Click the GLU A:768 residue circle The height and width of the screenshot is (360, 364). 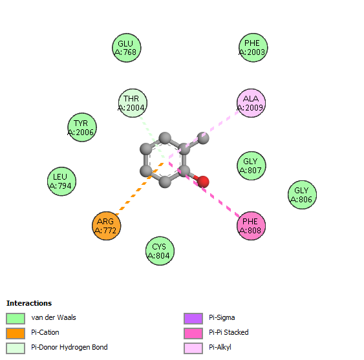[x=127, y=48]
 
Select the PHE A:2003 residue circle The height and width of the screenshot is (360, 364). [x=253, y=48]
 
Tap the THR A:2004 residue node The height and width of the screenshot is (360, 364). [x=133, y=103]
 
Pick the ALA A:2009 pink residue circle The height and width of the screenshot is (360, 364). [x=251, y=103]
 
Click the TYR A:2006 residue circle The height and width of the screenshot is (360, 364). [x=82, y=127]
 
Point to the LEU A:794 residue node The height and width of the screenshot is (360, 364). [x=62, y=181]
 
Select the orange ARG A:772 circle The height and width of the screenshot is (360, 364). [x=106, y=226]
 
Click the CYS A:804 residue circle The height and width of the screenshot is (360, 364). [x=160, y=251]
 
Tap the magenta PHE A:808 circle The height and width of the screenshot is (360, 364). [x=251, y=226]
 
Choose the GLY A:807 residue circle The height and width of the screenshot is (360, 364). [x=252, y=165]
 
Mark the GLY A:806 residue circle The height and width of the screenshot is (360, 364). [x=302, y=195]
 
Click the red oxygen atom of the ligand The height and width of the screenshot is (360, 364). [x=203, y=182]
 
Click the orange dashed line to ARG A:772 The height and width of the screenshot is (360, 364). [x=139, y=189]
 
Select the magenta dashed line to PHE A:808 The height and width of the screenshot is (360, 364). [x=204, y=189]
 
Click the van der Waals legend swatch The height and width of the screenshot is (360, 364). [x=16, y=319]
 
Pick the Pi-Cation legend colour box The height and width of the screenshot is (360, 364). [x=16, y=334]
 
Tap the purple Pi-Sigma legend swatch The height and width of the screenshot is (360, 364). [x=193, y=319]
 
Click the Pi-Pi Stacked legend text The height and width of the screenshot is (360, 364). [x=229, y=332]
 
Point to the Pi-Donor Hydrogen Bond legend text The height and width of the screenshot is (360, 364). [x=69, y=347]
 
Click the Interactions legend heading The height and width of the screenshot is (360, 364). [x=29, y=303]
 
